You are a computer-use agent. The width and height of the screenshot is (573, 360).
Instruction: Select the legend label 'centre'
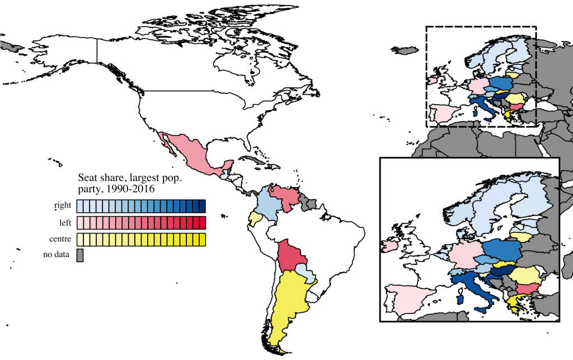pyautogui.click(x=60, y=240)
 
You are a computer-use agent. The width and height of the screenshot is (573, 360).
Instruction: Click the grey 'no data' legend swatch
pyautogui.click(x=79, y=256)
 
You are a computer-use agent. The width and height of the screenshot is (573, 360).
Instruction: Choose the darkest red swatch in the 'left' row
pyautogui.click(x=202, y=223)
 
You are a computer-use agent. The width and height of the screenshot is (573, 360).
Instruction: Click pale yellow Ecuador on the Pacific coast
pyautogui.click(x=255, y=218)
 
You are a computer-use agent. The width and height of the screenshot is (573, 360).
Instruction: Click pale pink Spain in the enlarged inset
pyautogui.click(x=408, y=297)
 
